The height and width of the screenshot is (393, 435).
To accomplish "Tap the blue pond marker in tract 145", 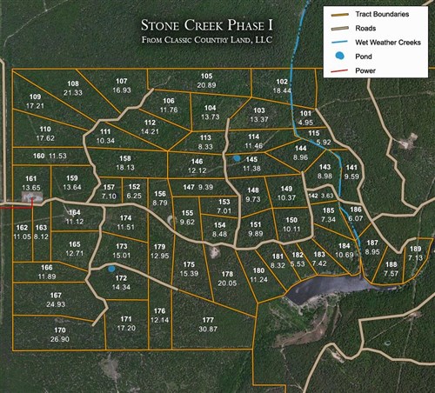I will (x=236, y=158).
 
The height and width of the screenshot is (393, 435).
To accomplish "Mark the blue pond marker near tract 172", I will (x=111, y=270).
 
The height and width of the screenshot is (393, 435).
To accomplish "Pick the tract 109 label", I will (x=35, y=97).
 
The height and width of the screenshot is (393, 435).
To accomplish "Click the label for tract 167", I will (x=57, y=296).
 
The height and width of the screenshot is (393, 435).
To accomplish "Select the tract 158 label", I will (x=125, y=158).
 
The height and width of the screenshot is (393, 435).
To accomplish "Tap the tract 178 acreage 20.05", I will (x=228, y=283).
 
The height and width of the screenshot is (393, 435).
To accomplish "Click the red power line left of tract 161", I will (x=12, y=207).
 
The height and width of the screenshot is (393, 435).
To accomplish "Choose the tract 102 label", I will (x=282, y=81).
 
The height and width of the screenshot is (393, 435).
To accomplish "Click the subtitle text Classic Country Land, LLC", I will (x=208, y=40).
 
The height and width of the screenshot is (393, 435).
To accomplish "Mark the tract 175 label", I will (x=189, y=264).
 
